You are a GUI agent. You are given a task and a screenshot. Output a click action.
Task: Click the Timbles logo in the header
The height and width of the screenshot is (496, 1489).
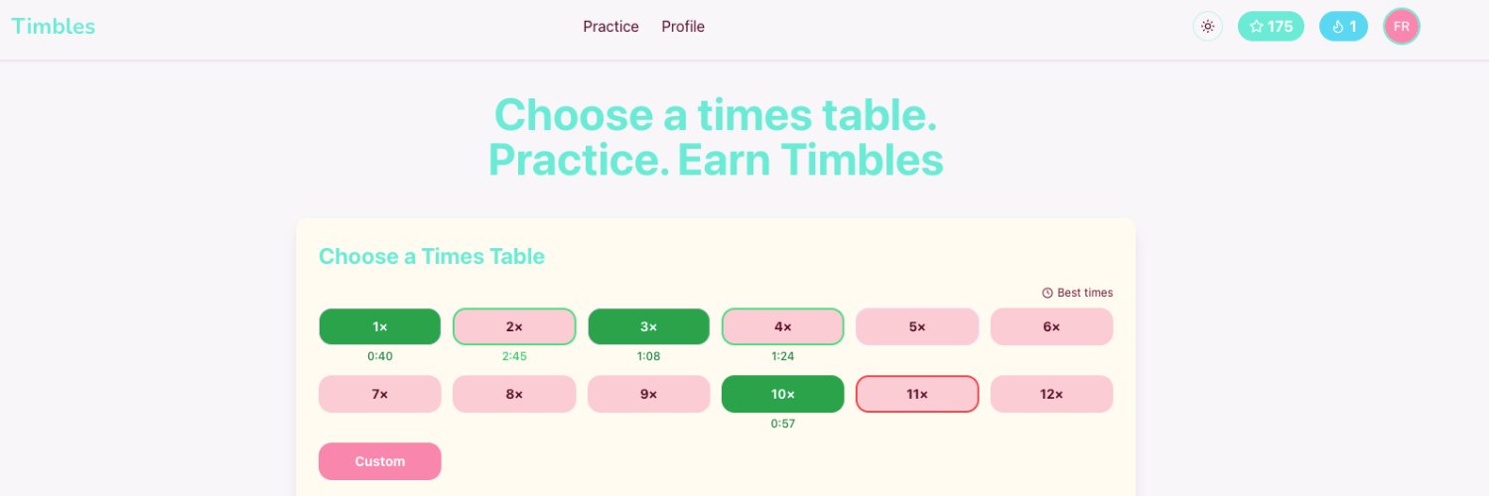(54, 27)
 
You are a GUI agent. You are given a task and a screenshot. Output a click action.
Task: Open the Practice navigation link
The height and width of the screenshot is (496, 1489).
(610, 27)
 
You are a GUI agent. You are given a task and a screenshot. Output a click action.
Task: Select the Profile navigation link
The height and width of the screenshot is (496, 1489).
(683, 27)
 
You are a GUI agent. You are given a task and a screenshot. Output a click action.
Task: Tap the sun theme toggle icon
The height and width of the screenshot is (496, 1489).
(1207, 27)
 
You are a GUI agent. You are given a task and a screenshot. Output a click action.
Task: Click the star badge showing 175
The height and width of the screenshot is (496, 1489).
(1271, 27)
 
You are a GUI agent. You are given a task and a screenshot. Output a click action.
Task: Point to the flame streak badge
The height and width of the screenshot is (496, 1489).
(1343, 27)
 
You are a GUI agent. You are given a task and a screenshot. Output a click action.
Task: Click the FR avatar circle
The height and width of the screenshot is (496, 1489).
(1402, 27)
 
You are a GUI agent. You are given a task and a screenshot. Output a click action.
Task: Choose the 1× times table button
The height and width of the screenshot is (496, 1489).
(380, 326)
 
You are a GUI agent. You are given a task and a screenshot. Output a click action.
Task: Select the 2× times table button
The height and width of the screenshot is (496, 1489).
(514, 326)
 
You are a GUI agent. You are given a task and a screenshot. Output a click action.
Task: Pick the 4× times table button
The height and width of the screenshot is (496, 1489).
(783, 326)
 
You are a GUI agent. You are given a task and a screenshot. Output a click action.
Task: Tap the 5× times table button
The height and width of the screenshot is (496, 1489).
(917, 326)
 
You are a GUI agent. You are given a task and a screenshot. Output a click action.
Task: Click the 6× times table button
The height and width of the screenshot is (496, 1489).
(1051, 326)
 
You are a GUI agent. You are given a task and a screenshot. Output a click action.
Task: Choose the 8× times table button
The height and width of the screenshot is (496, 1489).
(514, 394)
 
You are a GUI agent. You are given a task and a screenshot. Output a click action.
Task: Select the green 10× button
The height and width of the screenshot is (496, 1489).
(783, 394)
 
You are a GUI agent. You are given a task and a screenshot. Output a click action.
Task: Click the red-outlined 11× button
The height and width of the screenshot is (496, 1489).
(917, 394)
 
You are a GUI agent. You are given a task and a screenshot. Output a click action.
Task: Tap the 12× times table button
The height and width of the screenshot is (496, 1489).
(1051, 394)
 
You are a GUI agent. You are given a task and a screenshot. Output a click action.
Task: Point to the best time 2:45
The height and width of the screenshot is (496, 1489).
(514, 357)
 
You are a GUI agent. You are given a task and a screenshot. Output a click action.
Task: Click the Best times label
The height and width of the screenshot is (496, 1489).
(1078, 293)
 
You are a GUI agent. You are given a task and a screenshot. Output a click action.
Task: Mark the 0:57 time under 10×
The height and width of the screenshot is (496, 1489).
(783, 424)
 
